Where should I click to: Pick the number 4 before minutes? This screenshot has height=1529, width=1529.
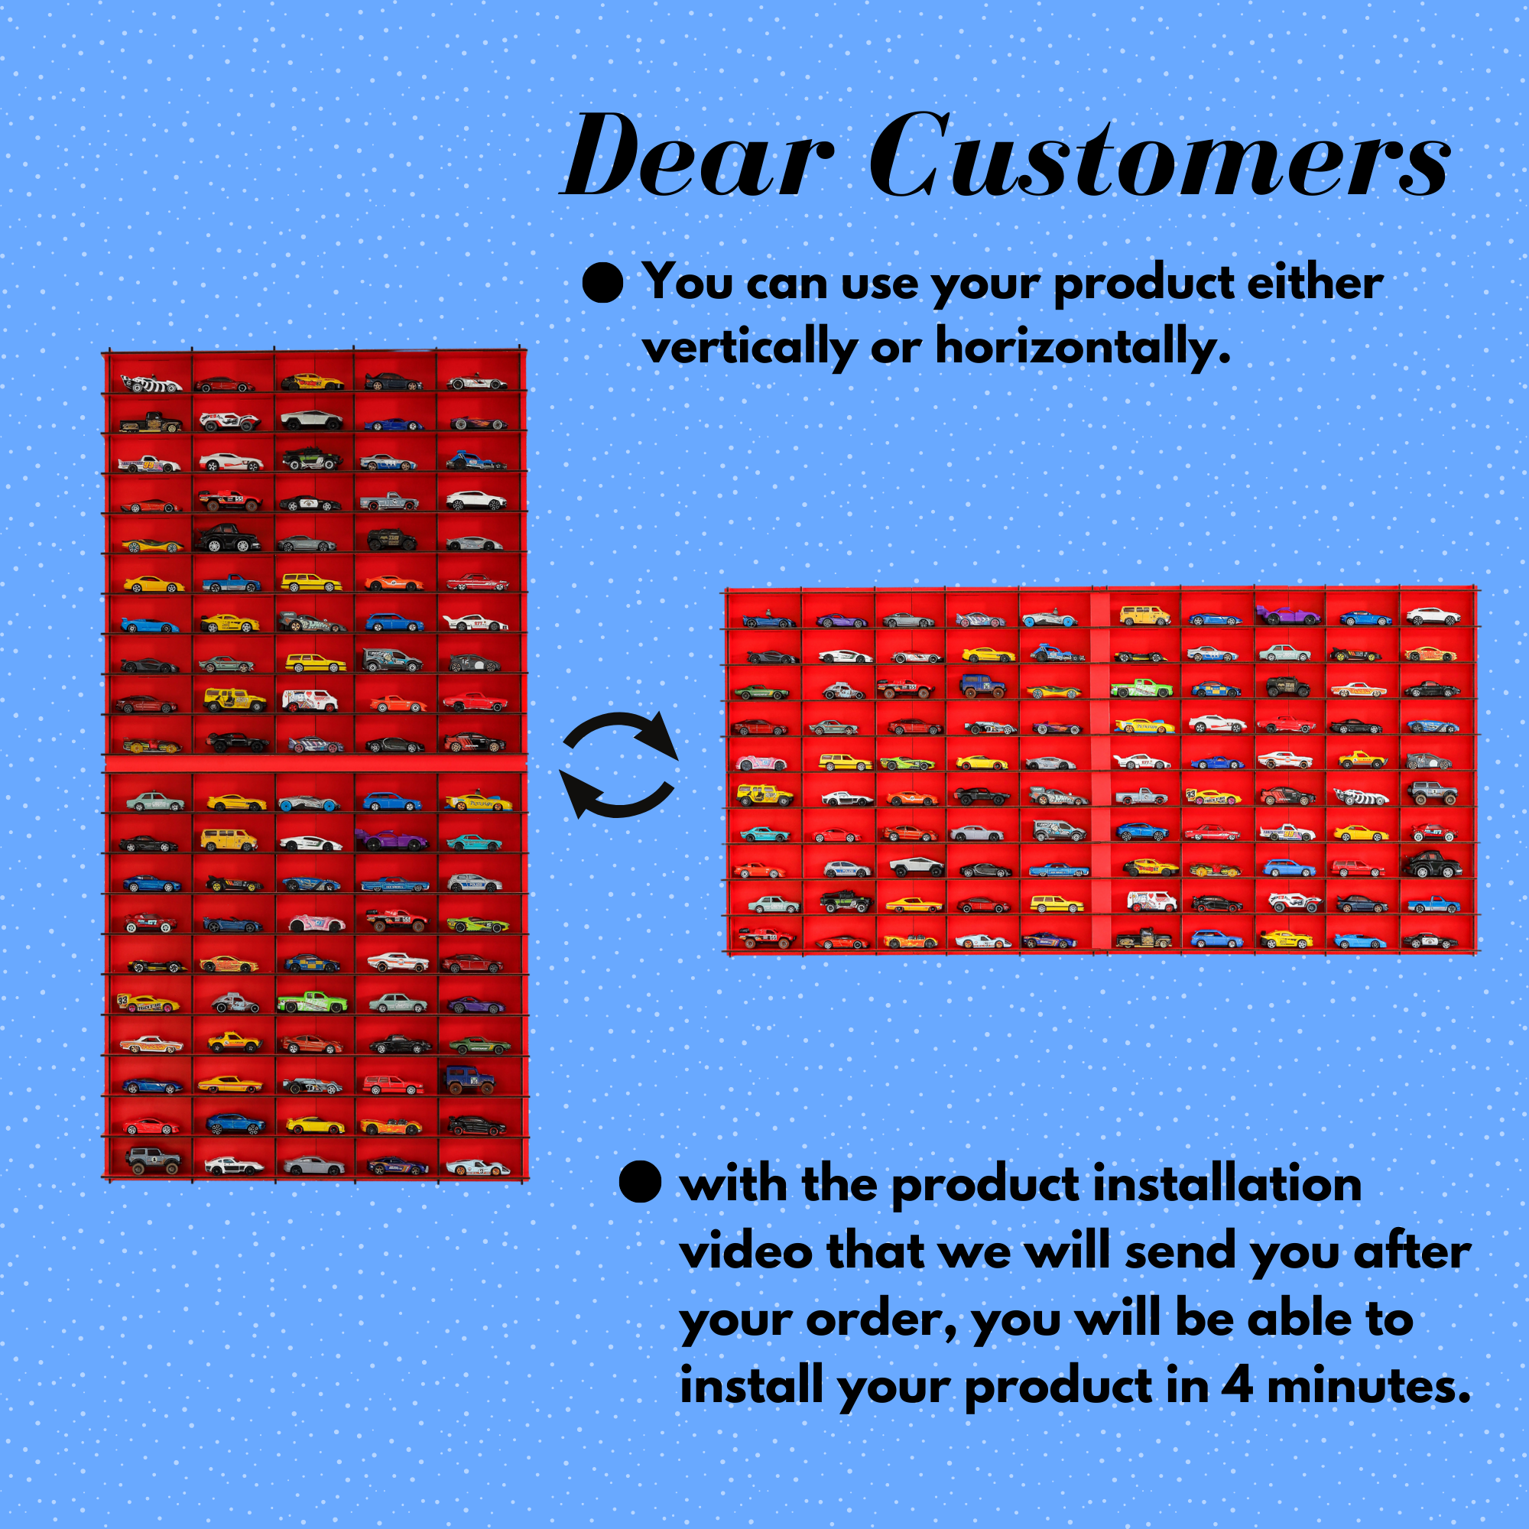point(1236,1386)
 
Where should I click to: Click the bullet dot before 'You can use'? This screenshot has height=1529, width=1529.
point(603,283)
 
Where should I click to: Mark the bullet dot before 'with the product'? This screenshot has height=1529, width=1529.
point(640,1183)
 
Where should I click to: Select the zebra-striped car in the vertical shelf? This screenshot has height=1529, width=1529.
point(151,384)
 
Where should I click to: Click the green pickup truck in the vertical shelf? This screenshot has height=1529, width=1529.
point(312,1002)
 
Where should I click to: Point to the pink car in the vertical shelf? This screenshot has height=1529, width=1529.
point(317,923)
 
